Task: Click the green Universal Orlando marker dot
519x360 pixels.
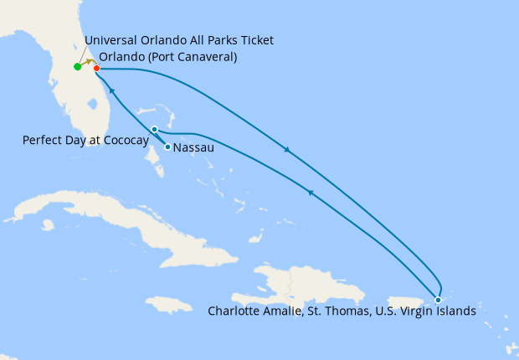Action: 77,67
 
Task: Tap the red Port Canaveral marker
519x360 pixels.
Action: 97,68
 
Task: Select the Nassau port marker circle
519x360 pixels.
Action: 168,147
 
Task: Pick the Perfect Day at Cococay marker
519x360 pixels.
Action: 155,129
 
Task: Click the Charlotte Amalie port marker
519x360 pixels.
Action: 438,300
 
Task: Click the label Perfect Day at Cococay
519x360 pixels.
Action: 85,140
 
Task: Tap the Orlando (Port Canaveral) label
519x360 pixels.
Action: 167,58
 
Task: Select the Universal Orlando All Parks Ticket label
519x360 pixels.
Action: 179,40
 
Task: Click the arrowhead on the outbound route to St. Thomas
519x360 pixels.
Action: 287,151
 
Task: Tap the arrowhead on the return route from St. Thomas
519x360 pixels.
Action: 310,193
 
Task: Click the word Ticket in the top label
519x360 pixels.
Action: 255,40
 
